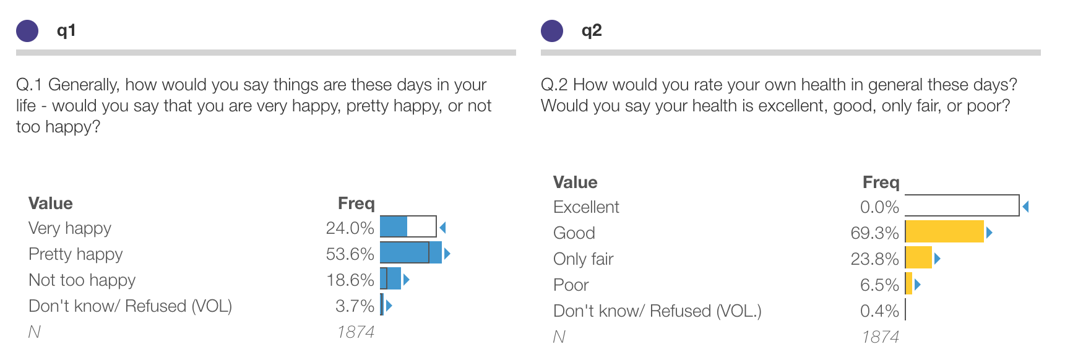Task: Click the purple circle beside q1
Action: tap(27, 30)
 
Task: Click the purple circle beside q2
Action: tap(552, 30)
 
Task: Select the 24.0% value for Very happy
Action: tap(350, 228)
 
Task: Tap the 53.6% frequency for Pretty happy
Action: tap(350, 254)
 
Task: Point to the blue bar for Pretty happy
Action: tap(410, 253)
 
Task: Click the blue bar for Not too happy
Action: tap(390, 279)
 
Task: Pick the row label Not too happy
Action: tap(82, 280)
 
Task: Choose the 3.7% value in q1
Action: tap(355, 306)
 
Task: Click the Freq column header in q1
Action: tap(356, 204)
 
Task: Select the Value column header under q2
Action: tap(575, 182)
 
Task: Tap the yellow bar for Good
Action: tap(944, 232)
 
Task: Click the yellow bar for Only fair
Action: tap(919, 258)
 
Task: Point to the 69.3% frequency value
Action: tap(874, 233)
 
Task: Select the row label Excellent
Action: tap(586, 207)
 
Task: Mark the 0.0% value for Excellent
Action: tap(879, 207)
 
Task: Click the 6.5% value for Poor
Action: tap(879, 285)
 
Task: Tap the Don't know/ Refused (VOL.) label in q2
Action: tap(657, 311)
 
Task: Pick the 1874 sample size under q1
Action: tap(356, 332)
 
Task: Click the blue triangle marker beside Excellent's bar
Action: tap(1025, 207)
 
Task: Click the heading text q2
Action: tap(592, 30)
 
